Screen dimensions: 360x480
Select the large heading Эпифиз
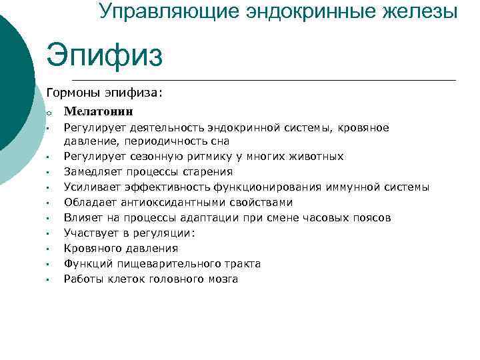(x=104, y=55)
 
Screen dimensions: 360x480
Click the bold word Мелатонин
(x=99, y=111)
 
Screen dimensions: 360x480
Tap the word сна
(x=220, y=141)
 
